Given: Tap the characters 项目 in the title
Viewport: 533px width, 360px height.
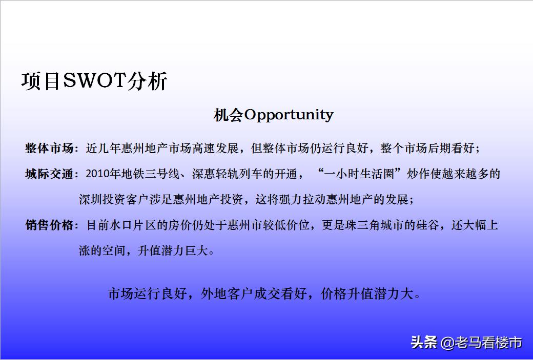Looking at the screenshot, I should tap(42, 81).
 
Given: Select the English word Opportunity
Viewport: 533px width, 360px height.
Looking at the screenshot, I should tap(289, 115).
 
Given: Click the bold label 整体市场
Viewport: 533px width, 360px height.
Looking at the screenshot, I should tap(49, 149).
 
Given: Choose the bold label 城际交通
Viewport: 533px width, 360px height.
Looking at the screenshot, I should tap(49, 174).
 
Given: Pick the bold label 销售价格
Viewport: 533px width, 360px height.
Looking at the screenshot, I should tap(49, 225).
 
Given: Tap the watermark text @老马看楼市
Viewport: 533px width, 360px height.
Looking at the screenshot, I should tap(482, 342).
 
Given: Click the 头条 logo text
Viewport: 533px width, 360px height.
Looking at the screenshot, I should tap(423, 342).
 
